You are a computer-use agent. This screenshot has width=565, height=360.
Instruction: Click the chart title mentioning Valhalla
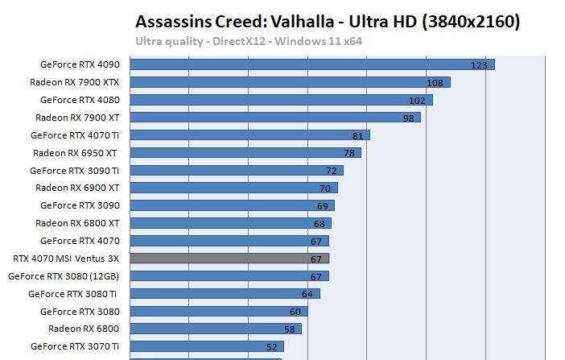(x=328, y=22)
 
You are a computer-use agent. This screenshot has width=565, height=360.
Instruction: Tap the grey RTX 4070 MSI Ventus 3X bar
(x=229, y=259)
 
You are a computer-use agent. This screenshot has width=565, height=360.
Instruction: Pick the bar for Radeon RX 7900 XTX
(x=290, y=82)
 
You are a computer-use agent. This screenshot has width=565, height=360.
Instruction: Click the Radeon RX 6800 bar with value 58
(x=215, y=329)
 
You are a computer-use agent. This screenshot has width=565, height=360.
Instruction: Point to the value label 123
(x=480, y=65)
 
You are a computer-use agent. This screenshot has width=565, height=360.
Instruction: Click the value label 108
(x=435, y=83)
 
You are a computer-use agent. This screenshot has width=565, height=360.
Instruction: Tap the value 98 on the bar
(x=408, y=118)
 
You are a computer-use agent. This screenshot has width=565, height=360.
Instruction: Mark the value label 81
(x=358, y=136)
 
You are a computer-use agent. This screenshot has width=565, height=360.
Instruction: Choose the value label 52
(x=272, y=347)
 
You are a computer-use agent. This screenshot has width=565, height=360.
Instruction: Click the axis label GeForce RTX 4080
(x=80, y=100)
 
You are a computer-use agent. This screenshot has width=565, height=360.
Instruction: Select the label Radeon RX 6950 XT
(x=76, y=153)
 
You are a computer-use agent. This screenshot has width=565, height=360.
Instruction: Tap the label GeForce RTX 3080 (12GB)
(x=64, y=275)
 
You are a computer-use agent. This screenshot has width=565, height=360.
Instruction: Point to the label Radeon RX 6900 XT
(x=77, y=188)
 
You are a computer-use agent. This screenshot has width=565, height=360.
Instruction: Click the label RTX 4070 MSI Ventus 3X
(x=66, y=259)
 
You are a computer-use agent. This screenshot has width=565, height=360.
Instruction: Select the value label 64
(x=307, y=294)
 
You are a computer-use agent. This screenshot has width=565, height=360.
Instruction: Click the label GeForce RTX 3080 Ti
(x=73, y=293)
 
